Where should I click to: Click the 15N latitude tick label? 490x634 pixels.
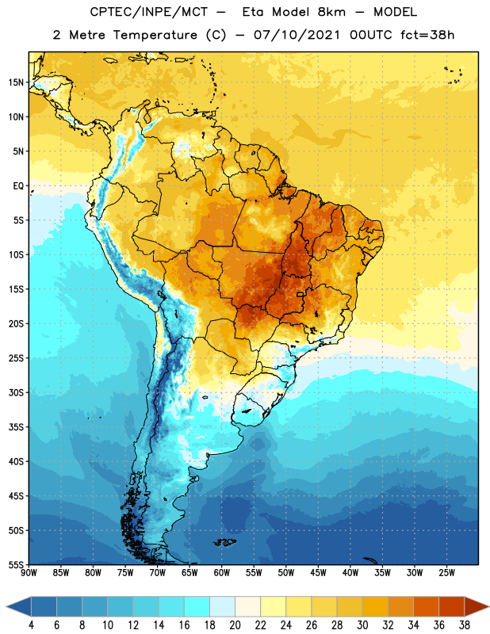click(16, 82)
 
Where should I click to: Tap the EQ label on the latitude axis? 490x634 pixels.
click(18, 186)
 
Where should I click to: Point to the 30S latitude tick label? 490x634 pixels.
click(16, 392)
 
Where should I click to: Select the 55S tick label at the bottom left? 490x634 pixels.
click(16, 565)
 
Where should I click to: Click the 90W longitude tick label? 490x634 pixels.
click(29, 573)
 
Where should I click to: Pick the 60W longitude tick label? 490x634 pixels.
click(222, 573)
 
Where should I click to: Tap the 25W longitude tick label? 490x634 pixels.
click(446, 573)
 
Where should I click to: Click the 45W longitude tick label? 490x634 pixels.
click(318, 573)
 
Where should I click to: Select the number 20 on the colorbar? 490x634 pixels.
click(235, 625)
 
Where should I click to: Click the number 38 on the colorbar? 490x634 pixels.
click(465, 625)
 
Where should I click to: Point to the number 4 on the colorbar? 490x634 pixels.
click(31, 625)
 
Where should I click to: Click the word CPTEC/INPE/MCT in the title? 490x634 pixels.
click(149, 12)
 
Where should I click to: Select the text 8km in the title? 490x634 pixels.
click(331, 12)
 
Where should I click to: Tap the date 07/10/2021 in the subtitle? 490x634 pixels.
click(297, 35)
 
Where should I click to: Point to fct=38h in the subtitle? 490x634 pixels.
click(427, 35)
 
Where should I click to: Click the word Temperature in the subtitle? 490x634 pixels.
click(155, 35)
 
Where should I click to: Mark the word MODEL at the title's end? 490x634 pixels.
click(396, 12)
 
